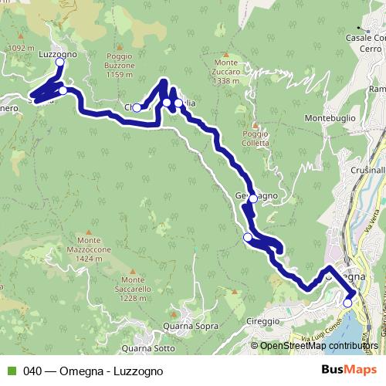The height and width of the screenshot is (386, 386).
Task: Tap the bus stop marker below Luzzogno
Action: pyautogui.click(x=59, y=63)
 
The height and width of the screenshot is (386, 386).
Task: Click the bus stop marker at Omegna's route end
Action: pyautogui.click(x=347, y=303)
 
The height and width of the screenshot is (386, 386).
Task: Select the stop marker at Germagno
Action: pyautogui.click(x=253, y=198)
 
